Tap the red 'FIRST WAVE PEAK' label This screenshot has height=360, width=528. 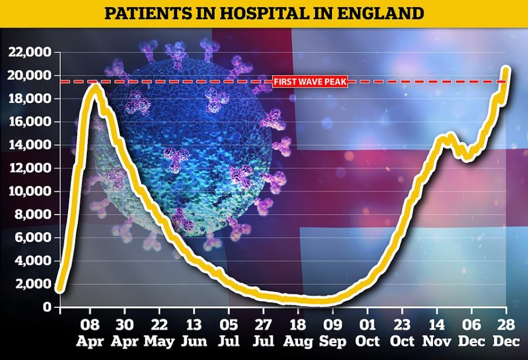click(310, 81)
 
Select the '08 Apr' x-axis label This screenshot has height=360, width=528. click(90, 332)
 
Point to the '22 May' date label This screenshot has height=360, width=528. click(160, 332)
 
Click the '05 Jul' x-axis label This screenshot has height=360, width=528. click(228, 332)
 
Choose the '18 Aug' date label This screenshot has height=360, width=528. click(297, 332)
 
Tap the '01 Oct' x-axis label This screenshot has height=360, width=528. click(367, 332)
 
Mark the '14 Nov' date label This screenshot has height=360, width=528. click(436, 332)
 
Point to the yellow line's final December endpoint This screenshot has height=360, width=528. click(506, 70)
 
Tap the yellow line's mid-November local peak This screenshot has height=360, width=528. click(449, 137)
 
